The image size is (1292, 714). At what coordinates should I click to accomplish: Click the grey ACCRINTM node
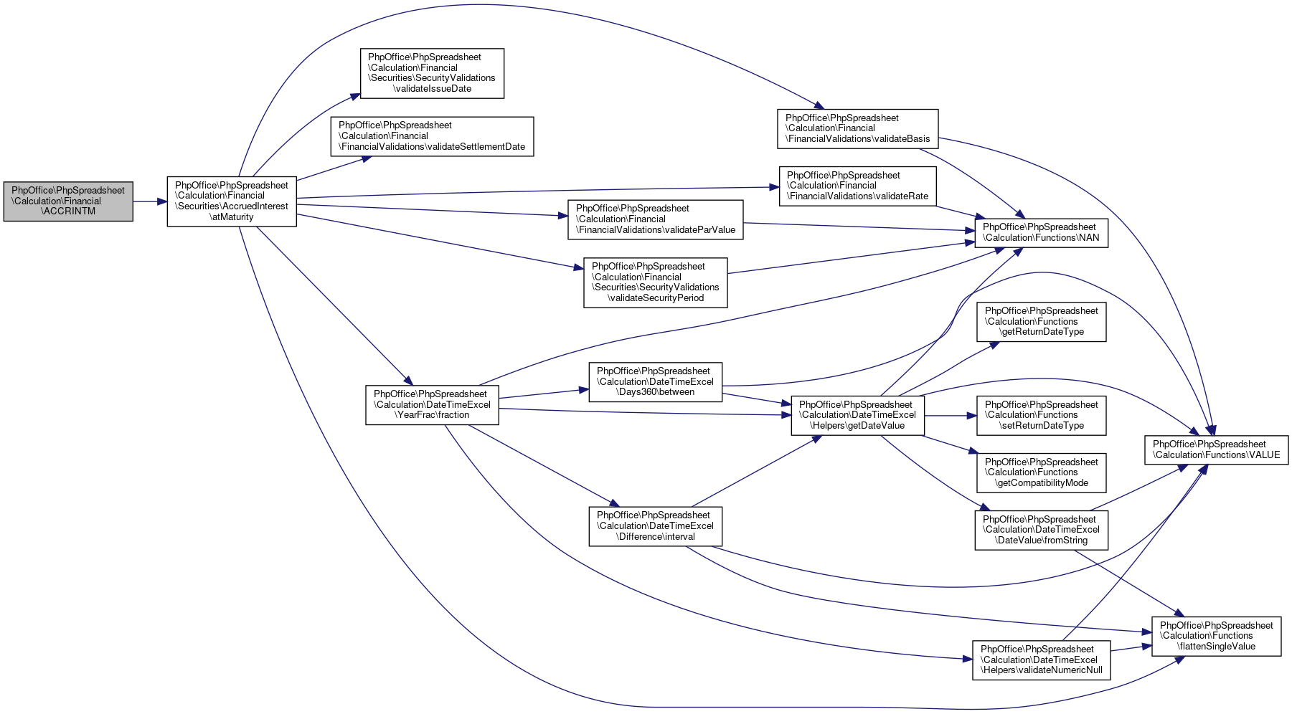point(68,201)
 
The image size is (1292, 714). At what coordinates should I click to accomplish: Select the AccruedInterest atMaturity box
point(232,201)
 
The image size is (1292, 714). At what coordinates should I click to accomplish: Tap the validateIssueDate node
point(432,73)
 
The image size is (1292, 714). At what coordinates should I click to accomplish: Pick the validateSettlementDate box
point(432,136)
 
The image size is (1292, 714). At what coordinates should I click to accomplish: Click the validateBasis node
point(857,129)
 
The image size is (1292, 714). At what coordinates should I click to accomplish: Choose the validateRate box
point(857,186)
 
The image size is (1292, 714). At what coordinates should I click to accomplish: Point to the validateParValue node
point(656,219)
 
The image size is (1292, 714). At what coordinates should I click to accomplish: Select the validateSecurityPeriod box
point(656,282)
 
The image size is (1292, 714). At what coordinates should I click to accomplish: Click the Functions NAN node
point(1041,232)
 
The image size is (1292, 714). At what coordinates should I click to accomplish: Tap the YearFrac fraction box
point(432,404)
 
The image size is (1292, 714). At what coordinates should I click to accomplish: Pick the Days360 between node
point(656,382)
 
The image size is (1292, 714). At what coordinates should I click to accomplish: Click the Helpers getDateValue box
point(857,415)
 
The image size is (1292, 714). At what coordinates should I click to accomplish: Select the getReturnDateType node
point(1041,321)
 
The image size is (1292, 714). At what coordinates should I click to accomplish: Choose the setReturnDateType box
point(1041,415)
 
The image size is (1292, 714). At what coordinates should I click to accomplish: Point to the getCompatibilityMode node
point(1041,472)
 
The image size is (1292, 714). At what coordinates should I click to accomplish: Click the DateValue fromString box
point(1041,530)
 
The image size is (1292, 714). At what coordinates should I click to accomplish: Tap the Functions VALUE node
point(1216,449)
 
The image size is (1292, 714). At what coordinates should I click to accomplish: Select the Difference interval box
point(656,526)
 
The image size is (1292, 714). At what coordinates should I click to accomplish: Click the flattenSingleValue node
point(1216,636)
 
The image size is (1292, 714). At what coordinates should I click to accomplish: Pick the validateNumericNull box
point(1041,660)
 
